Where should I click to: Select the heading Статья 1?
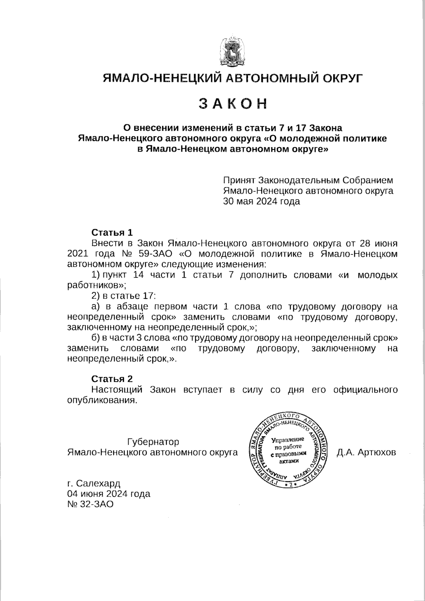(x=112, y=233)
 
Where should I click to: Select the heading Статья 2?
(x=112, y=379)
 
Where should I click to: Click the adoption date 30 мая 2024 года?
(x=261, y=202)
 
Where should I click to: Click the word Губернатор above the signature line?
(x=153, y=442)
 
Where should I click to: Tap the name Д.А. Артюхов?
(x=366, y=453)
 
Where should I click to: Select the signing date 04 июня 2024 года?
(x=108, y=494)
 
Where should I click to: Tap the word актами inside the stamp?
(x=287, y=461)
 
